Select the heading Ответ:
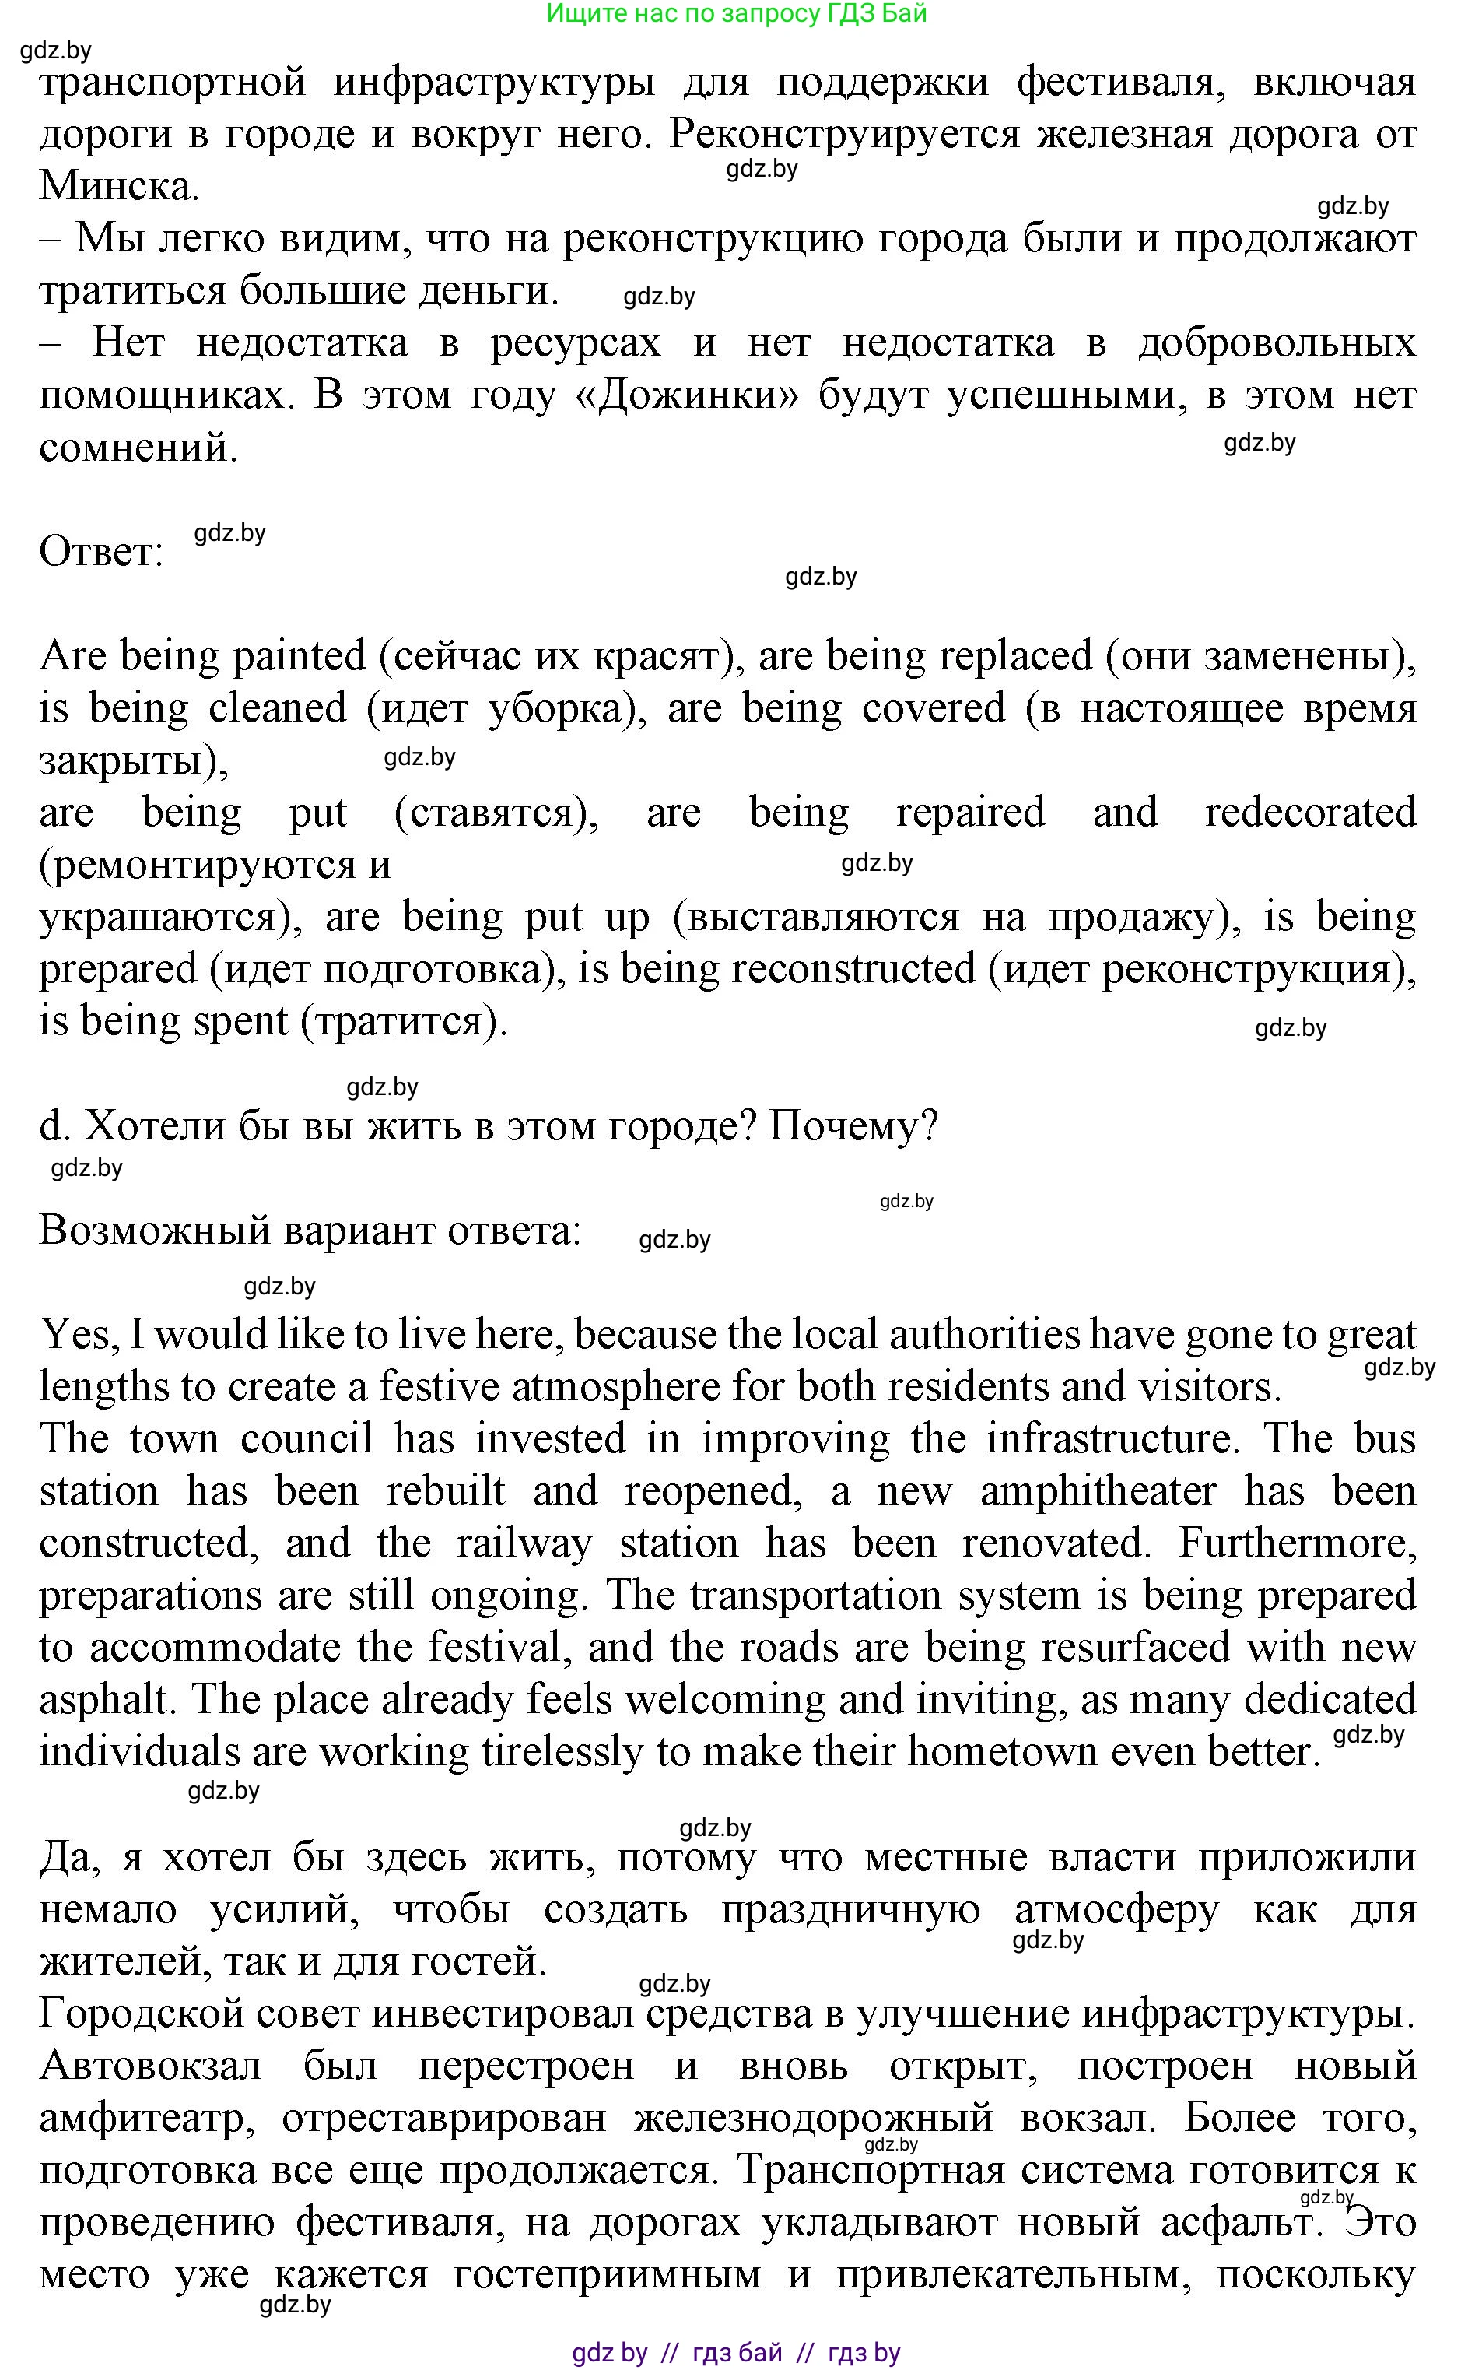pos(100,553)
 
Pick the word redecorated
pos(1310,812)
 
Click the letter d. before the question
pos(54,1126)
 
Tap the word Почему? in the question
pos(853,1126)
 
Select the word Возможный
pos(155,1231)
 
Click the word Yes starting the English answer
pos(78,1334)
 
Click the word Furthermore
pos(1297,1543)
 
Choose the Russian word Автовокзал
pos(150,2066)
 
